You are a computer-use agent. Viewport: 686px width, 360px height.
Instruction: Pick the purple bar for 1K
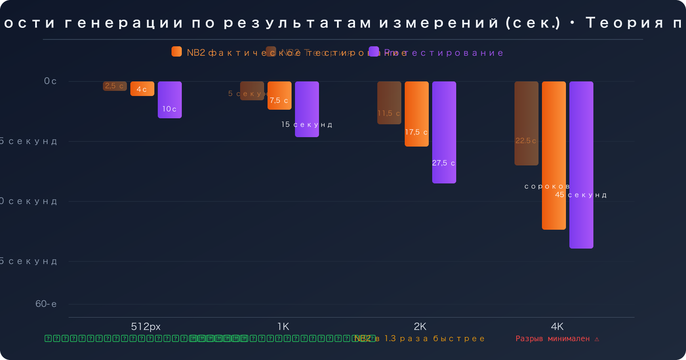(x=307, y=109)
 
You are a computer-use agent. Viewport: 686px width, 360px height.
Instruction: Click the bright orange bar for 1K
(x=280, y=95)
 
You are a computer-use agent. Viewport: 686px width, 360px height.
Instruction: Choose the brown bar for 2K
(x=389, y=103)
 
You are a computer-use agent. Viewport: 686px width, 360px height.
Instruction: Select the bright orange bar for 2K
(x=417, y=114)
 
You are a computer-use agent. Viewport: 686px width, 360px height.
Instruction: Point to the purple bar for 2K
(x=444, y=132)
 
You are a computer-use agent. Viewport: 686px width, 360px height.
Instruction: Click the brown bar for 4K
(x=527, y=123)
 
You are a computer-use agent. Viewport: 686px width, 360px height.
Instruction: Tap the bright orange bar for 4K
(x=554, y=156)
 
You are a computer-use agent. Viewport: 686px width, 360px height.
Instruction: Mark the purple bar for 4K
(x=581, y=165)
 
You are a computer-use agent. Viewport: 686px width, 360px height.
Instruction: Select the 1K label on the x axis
(x=283, y=327)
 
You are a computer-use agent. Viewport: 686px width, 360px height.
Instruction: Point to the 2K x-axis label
(x=420, y=327)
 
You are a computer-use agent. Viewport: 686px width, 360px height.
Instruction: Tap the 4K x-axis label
(x=557, y=327)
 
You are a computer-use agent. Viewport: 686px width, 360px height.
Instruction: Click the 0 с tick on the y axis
(x=50, y=81)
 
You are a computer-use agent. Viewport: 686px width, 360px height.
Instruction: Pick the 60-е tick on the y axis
(x=46, y=304)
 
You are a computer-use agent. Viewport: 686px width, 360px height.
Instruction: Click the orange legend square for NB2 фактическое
(x=177, y=51)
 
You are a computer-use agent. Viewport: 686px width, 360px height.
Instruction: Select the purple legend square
(x=374, y=51)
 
